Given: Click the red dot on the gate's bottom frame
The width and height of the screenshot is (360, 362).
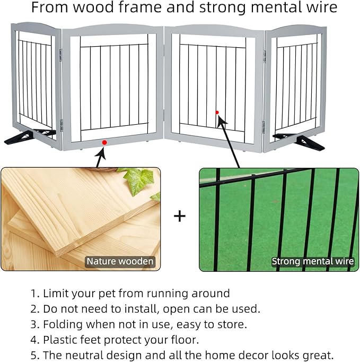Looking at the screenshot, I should coord(104,142).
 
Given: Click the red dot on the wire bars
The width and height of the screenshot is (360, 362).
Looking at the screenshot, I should coord(217,112).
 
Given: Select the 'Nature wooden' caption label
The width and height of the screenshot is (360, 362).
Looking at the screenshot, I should coord(120,261).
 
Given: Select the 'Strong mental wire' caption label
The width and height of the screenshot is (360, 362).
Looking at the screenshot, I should coord(313,261).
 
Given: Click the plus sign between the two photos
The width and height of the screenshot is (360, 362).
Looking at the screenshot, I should coord(180,216).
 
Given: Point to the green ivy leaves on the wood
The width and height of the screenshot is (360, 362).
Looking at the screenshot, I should coord(139,180).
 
